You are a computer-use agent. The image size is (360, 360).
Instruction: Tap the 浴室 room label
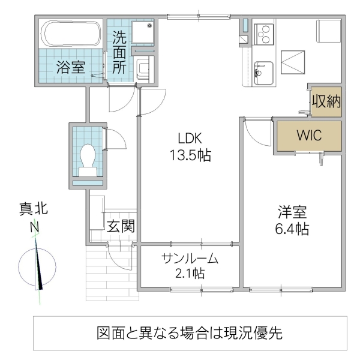tap(70, 67)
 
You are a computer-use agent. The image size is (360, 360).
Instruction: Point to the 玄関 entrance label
tap(121, 226)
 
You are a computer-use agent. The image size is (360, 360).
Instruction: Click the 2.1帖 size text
tap(189, 274)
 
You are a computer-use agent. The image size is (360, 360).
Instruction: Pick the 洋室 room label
tap(293, 211)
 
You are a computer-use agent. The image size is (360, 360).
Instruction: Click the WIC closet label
tap(308, 136)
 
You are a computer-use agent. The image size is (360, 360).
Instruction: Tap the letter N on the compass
tap(35, 228)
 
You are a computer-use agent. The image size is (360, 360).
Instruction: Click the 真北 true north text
tap(34, 210)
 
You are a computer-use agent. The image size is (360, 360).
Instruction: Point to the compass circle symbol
tap(37, 266)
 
